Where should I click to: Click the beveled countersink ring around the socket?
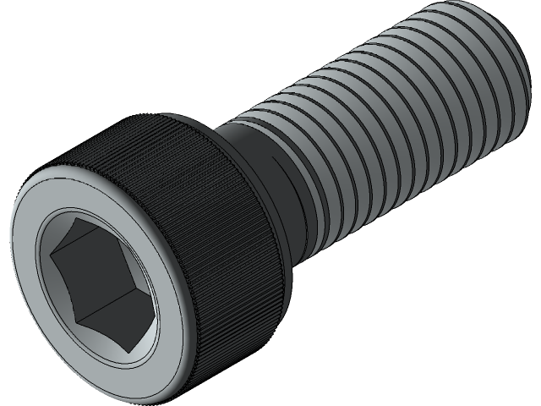[44, 279]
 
